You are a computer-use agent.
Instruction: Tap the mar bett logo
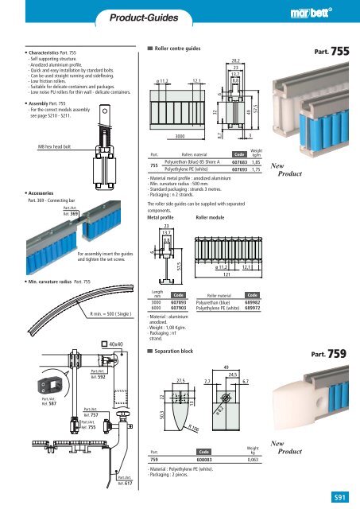click(x=320, y=14)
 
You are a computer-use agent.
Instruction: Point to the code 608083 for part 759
click(x=205, y=460)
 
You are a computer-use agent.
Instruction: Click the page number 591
click(x=341, y=496)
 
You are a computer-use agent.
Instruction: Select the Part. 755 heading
click(x=335, y=49)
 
